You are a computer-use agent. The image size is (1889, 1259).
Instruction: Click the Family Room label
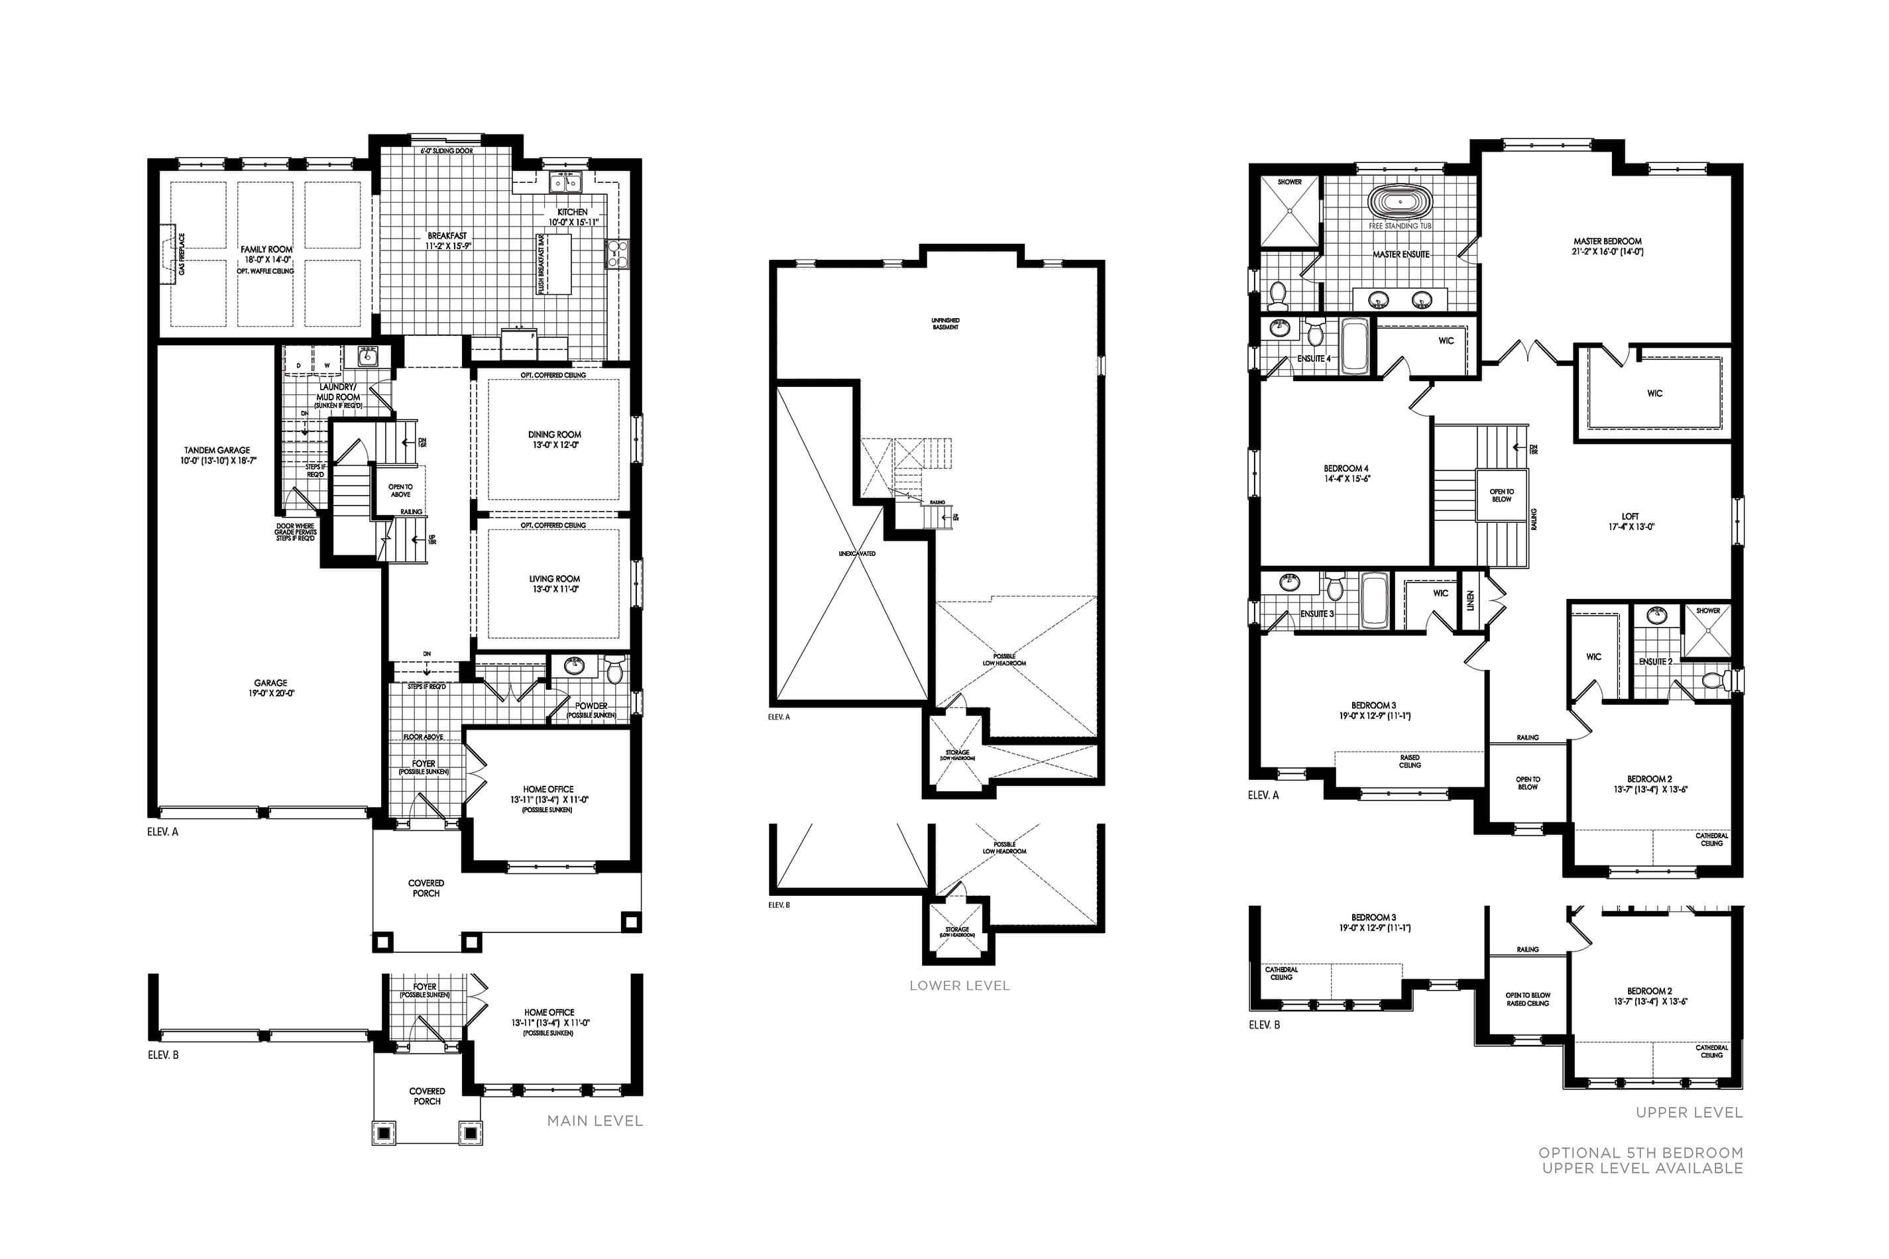[x=266, y=250]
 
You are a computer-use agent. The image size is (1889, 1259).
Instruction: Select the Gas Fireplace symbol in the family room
[x=168, y=254]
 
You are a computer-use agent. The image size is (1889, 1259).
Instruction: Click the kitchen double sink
[x=565, y=184]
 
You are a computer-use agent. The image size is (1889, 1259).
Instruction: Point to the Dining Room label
[x=554, y=435]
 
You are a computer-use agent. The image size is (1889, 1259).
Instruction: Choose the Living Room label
[x=554, y=579]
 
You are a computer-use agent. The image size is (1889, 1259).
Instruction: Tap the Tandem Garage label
[x=217, y=451]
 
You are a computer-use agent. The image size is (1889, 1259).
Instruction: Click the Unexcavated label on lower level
[x=857, y=554]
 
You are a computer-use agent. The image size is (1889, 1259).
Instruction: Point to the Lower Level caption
[x=959, y=986]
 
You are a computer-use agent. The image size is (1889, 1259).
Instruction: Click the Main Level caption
[x=595, y=1121]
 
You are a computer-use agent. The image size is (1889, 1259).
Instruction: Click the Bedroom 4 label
[x=1346, y=469]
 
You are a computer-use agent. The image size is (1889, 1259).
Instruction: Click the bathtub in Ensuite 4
[x=1355, y=346]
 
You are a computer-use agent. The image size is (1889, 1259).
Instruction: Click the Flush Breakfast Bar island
[x=555, y=264]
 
